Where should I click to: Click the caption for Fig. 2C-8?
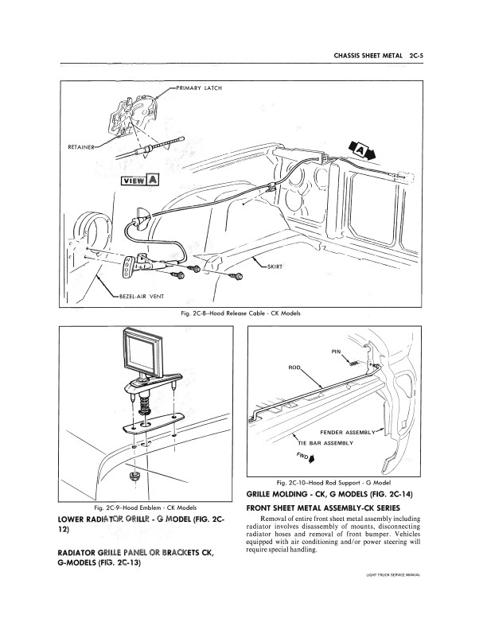click(x=243, y=313)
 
